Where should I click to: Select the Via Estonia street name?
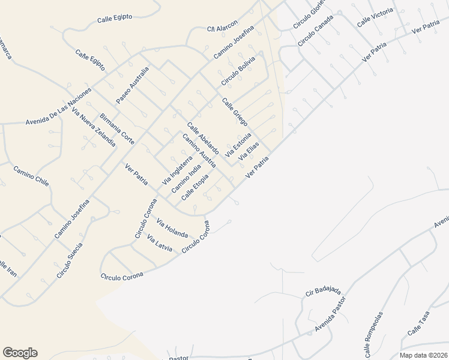(x=238, y=146)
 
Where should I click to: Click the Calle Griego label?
(x=235, y=112)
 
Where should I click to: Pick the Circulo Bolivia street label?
(x=238, y=70)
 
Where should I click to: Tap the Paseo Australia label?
(x=133, y=85)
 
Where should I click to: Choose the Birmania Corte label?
(x=118, y=128)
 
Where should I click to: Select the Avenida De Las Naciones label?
(x=58, y=107)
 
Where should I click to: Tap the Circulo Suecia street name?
(x=70, y=260)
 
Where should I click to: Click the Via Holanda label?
(x=173, y=229)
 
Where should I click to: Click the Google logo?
(x=20, y=353)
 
